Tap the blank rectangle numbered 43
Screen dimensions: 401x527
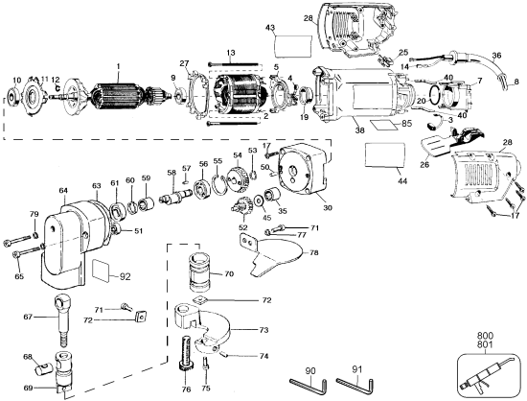click(292, 47)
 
